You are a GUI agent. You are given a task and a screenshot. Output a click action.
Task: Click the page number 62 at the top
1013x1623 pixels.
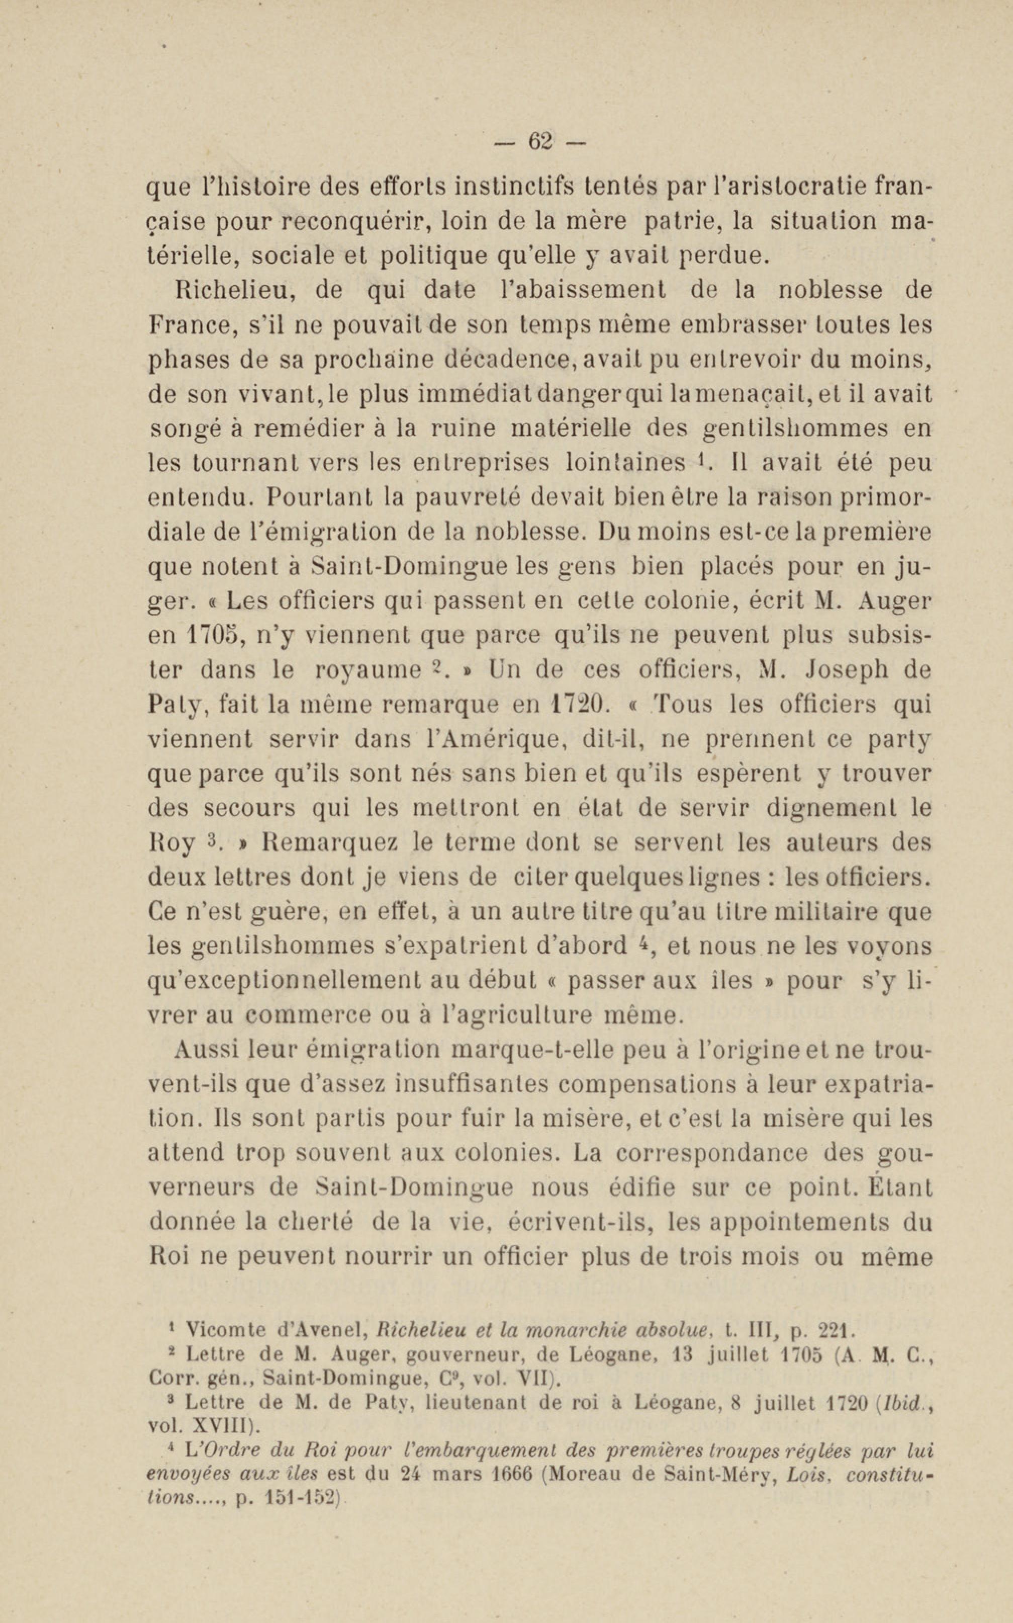(539, 141)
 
